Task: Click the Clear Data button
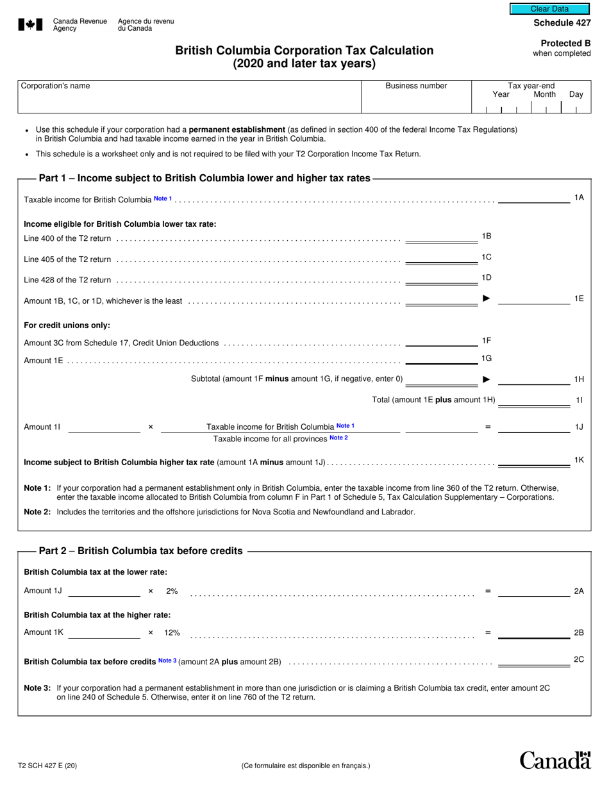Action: point(549,9)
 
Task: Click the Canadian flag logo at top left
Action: point(29,25)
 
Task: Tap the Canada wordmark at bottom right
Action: point(555,760)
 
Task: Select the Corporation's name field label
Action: point(56,86)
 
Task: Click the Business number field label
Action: point(416,86)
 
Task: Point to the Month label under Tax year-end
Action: point(544,95)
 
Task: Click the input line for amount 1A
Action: point(533,200)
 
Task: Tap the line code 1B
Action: point(487,236)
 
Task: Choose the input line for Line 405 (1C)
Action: point(442,260)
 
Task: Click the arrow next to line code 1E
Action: point(486,299)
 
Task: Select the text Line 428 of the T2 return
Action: point(67,280)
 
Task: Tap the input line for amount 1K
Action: point(533,463)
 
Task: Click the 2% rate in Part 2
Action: point(172,591)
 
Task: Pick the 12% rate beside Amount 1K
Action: point(172,633)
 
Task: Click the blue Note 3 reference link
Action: point(167,661)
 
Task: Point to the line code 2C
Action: point(578,659)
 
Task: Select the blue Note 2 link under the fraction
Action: point(338,438)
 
